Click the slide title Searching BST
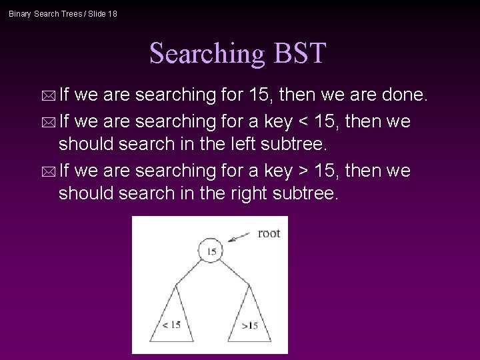tap(238, 53)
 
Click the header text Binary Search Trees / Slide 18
tap(63, 13)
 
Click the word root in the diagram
tap(269, 233)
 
